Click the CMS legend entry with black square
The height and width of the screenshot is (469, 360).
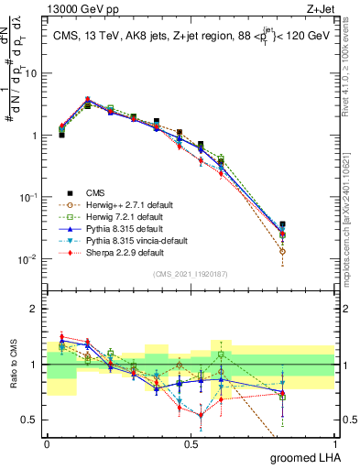pos(96,192)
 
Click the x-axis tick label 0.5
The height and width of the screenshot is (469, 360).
pos(191,443)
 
